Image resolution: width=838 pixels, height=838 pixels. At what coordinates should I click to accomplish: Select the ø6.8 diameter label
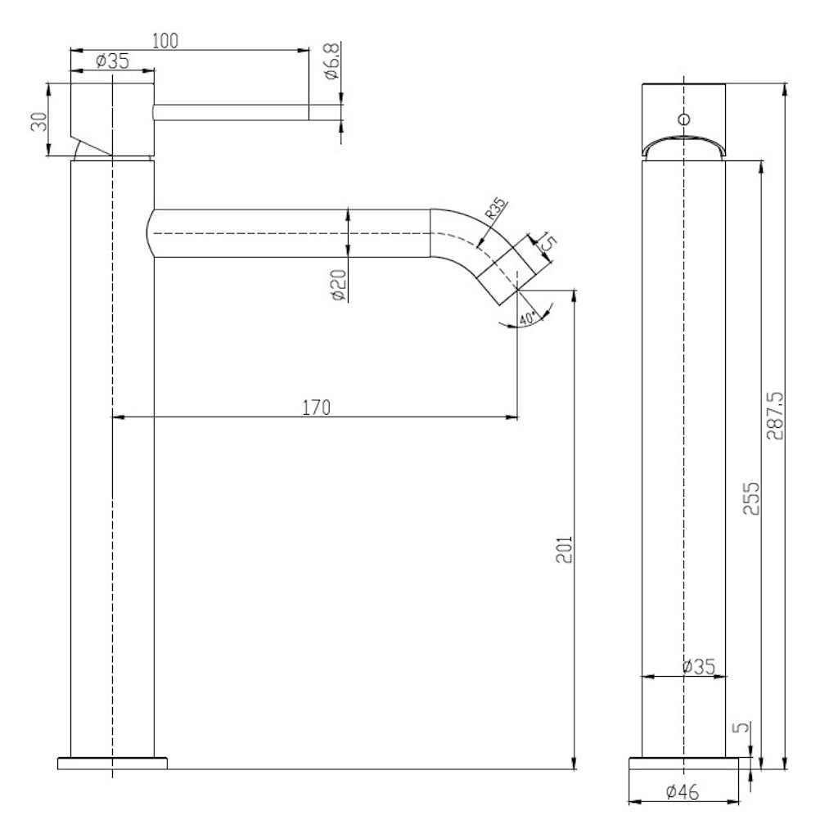pyautogui.click(x=332, y=62)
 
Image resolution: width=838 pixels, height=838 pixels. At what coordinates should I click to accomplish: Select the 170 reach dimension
pyautogui.click(x=316, y=407)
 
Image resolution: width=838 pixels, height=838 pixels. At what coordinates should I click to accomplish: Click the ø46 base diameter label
pyautogui.click(x=681, y=791)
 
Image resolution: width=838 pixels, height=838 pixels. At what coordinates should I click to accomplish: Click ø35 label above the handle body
pyautogui.click(x=112, y=61)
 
